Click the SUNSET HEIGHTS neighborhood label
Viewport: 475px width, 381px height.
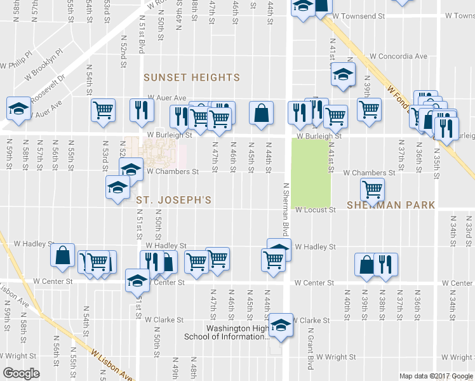click(191, 77)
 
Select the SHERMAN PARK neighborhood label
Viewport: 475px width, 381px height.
click(391, 205)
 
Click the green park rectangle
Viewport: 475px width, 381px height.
click(311, 170)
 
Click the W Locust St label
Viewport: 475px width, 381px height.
click(315, 210)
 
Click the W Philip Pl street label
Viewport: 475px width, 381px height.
click(17, 64)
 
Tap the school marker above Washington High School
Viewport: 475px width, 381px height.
click(279, 323)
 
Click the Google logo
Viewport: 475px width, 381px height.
click(21, 373)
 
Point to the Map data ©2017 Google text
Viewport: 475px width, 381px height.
click(436, 376)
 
